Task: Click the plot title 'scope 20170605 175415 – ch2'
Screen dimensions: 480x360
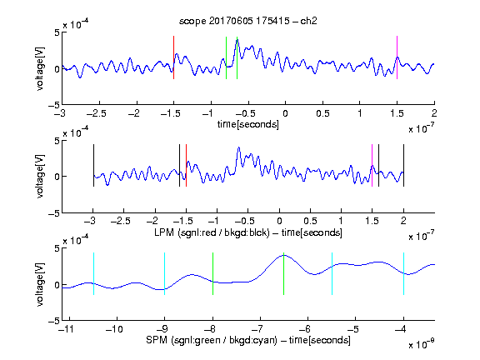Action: [248, 21]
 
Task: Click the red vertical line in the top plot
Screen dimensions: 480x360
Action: [173, 57]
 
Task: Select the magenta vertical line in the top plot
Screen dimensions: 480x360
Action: [397, 57]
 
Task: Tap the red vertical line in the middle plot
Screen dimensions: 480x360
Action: [186, 165]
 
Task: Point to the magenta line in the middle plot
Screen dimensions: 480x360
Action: [372, 165]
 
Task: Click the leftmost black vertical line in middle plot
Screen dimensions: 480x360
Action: [93, 165]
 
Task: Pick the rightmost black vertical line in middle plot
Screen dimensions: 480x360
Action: [403, 165]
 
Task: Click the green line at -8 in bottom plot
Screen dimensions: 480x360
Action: [212, 273]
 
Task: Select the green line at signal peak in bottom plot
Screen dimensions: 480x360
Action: [284, 273]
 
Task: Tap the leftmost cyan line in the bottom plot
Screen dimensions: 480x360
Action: [93, 273]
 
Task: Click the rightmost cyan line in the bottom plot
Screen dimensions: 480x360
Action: [403, 273]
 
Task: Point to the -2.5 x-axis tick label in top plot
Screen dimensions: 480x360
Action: [97, 113]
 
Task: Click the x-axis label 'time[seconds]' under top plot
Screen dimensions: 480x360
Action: [248, 124]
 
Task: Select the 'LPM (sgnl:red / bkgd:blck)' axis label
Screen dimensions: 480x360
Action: [212, 232]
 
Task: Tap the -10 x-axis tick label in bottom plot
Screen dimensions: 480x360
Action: [114, 329]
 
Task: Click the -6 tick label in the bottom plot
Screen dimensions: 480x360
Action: [306, 329]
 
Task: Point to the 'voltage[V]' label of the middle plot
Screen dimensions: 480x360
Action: [40, 177]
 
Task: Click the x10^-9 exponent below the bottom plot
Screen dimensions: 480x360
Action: [422, 344]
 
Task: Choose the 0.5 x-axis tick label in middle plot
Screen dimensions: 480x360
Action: [310, 221]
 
